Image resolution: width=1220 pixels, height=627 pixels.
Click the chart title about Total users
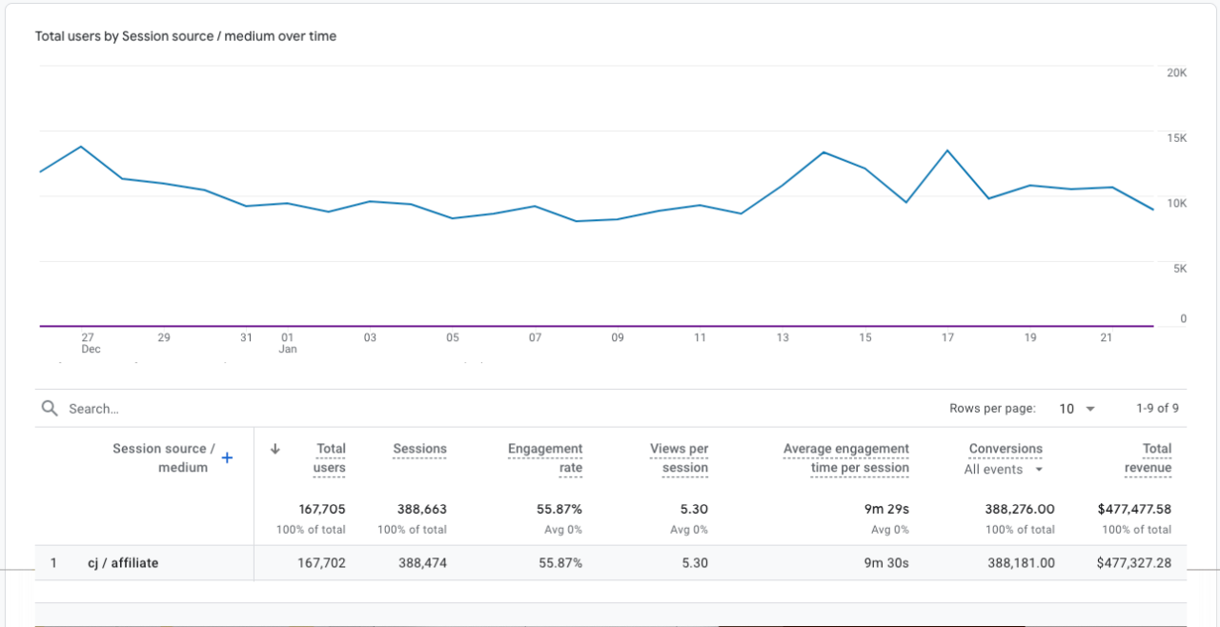(x=186, y=36)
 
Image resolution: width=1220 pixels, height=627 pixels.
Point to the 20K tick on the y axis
(x=1176, y=73)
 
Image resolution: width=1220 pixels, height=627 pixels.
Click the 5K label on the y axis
(x=1180, y=269)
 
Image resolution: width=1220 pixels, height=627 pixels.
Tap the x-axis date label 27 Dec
(x=89, y=343)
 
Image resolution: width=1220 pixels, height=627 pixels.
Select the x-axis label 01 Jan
(x=288, y=343)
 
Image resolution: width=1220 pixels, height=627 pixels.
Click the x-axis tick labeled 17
(x=947, y=337)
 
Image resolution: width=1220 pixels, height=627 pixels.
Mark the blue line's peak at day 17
(x=947, y=151)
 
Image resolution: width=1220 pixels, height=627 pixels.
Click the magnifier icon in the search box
(x=50, y=408)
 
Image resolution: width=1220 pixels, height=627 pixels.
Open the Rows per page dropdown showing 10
(x=1077, y=408)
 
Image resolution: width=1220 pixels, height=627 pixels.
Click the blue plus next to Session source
(x=227, y=458)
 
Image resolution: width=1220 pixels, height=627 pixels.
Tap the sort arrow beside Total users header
(x=275, y=449)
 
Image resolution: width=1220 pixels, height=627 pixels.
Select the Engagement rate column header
(x=545, y=457)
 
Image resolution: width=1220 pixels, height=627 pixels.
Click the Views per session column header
(x=680, y=457)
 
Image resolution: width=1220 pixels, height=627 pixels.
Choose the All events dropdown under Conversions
(x=1004, y=469)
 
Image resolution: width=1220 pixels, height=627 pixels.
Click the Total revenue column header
(x=1149, y=457)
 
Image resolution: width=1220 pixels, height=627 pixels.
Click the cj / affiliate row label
(x=123, y=562)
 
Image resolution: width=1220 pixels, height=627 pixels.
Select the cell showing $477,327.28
(x=1134, y=562)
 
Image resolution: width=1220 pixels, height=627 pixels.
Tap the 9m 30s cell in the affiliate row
(x=886, y=562)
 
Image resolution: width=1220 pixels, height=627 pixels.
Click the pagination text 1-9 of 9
(x=1157, y=408)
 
